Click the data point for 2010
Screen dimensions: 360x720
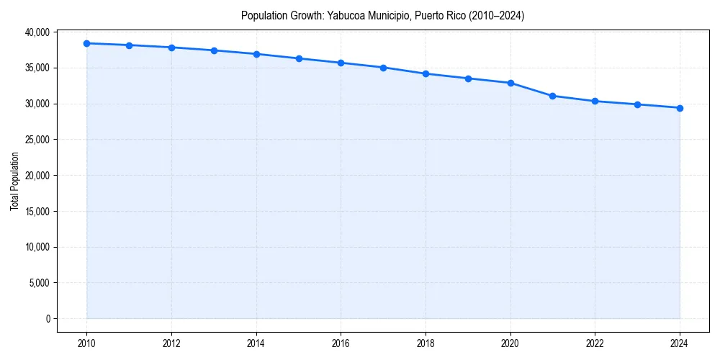point(86,43)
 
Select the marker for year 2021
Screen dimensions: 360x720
point(552,96)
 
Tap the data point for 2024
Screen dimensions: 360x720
point(680,108)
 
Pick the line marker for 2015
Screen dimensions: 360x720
point(299,58)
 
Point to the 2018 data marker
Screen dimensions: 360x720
point(426,73)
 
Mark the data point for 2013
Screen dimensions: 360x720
point(214,50)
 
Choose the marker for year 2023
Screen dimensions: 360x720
point(637,104)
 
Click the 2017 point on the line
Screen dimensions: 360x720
point(383,68)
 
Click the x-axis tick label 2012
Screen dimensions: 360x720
point(171,343)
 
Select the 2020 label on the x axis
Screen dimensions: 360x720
point(510,343)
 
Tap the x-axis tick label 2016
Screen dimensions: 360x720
point(341,343)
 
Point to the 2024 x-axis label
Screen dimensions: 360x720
point(680,343)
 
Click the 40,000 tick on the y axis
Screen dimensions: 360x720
point(36,32)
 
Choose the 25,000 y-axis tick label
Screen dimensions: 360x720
point(36,140)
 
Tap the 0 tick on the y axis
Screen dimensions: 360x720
point(48,319)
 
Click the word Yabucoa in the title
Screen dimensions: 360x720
point(347,15)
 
